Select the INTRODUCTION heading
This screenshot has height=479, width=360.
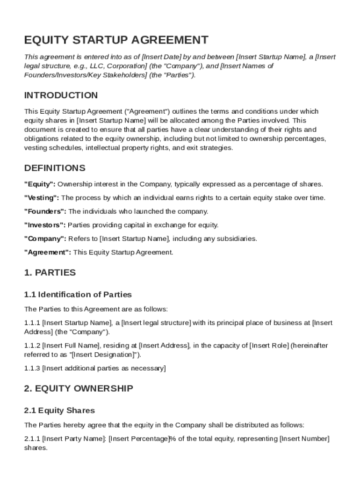61,95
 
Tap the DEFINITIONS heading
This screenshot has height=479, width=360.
55,168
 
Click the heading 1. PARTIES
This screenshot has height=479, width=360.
50,272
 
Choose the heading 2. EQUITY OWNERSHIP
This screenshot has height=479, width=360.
79,388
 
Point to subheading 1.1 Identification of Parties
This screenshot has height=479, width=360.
78,295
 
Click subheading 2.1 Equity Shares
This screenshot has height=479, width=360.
59,411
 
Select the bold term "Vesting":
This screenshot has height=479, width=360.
42,198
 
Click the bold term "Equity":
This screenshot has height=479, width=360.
40,184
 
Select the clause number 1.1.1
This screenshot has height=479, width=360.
32,323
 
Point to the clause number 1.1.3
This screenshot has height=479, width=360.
32,369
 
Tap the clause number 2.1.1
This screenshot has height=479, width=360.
32,439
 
